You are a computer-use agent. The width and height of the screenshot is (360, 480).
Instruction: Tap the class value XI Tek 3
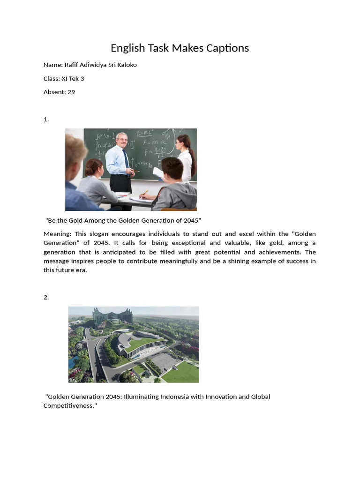click(73, 79)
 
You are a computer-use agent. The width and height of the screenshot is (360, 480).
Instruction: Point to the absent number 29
click(71, 92)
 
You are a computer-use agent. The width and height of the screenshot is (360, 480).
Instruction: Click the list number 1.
click(46, 120)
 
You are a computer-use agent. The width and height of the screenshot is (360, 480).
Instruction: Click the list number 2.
click(46, 297)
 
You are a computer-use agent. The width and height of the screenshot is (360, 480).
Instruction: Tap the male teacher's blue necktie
click(126, 159)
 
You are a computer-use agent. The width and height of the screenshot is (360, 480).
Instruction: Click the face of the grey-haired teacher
click(122, 140)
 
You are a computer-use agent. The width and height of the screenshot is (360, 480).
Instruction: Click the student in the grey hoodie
click(176, 187)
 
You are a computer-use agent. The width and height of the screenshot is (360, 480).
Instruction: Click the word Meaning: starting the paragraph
click(57, 234)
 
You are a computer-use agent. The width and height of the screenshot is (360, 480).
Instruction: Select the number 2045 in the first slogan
click(191, 221)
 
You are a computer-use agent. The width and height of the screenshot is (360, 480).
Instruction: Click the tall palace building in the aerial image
click(112, 317)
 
